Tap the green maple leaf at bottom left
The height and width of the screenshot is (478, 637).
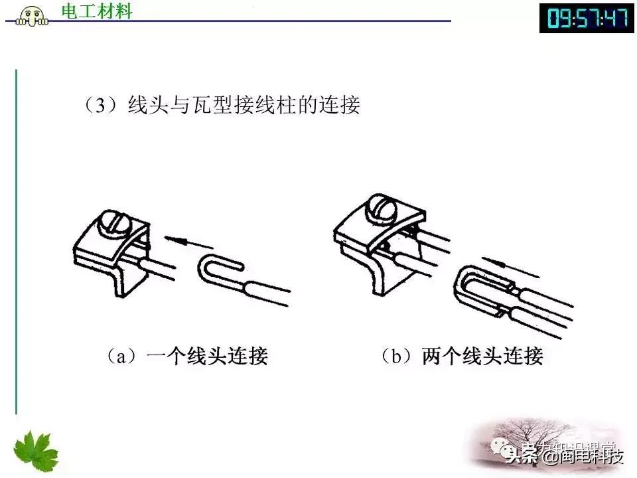(36, 451)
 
